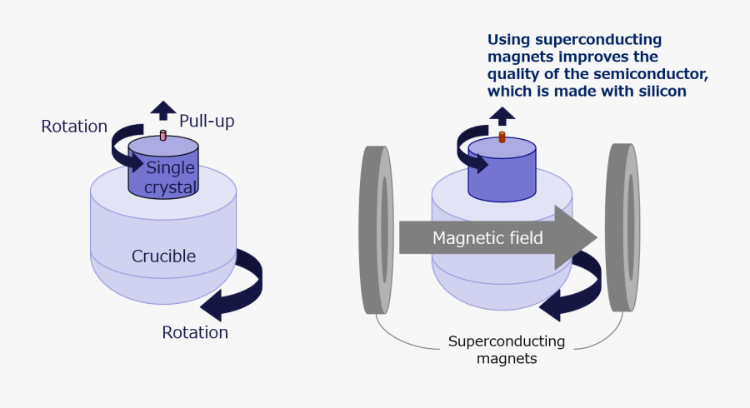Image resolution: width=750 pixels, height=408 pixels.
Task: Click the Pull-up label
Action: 207,121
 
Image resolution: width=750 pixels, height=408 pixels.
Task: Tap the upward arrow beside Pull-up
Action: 163,111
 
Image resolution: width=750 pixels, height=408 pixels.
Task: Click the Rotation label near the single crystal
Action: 74,127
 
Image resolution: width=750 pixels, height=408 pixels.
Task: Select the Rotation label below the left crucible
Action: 195,332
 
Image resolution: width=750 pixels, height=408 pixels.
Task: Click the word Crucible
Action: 163,256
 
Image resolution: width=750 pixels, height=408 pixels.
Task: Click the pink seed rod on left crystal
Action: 163,135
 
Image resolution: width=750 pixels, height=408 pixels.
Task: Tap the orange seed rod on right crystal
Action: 502,137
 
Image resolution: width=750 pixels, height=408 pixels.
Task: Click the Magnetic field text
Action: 487,238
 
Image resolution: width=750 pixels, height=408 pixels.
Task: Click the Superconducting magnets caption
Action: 507,350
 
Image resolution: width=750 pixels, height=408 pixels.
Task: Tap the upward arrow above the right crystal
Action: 502,115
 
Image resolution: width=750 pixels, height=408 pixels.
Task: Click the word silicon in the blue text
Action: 659,92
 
